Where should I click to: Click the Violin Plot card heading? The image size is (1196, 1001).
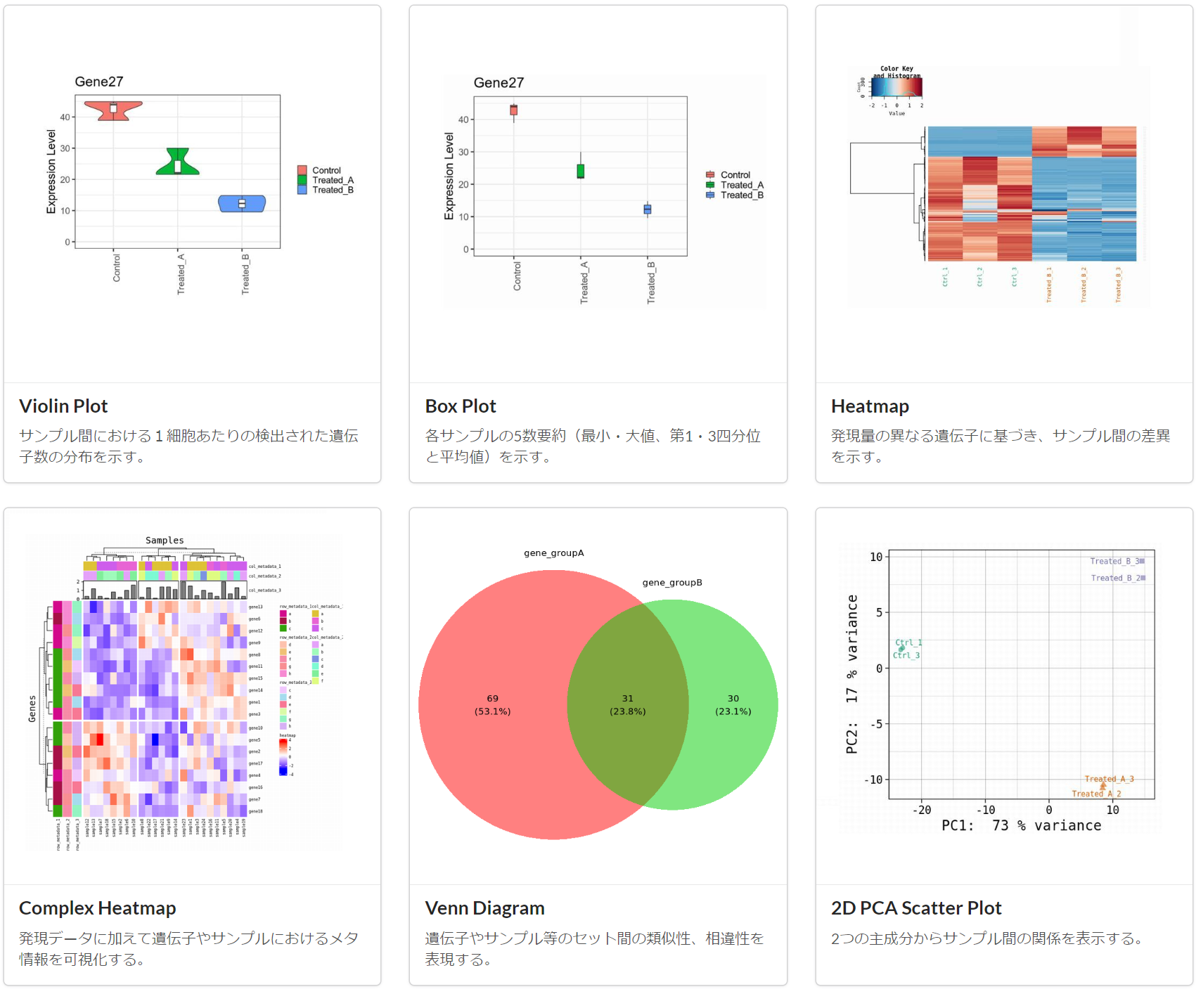63,406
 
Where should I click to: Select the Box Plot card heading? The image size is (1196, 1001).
461,406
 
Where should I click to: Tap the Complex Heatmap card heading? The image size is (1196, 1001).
97,908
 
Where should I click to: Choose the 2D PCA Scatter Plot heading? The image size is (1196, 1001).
915,908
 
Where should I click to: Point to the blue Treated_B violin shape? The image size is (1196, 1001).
242,203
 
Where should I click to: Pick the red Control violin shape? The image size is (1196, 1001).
113,110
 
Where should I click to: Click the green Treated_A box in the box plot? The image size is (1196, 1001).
581,171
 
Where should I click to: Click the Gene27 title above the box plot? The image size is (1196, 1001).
499,83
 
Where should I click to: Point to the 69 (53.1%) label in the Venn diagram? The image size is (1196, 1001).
492,704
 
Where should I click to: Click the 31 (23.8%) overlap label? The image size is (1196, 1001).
627,704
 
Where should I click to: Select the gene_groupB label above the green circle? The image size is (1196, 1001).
672,583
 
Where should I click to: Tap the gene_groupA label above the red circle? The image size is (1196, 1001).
553,553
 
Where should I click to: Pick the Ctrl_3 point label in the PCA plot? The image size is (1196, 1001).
906,655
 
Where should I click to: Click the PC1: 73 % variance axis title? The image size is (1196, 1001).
1021,826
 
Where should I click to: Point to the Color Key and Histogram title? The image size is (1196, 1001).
896,72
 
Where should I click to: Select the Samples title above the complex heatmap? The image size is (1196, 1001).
165,541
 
